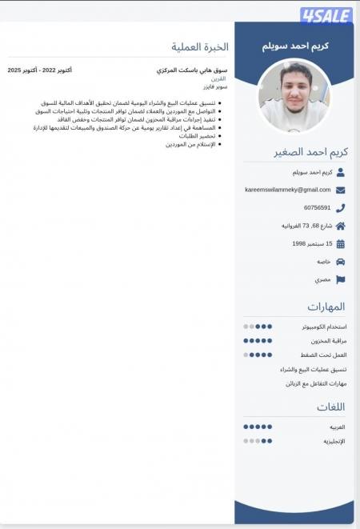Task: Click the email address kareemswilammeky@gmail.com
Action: click(x=287, y=190)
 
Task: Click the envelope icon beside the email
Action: click(x=341, y=190)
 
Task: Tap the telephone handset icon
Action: click(x=341, y=208)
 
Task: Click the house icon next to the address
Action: click(x=341, y=226)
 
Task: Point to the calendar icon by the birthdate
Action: click(x=341, y=243)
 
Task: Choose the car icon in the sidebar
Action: click(x=341, y=262)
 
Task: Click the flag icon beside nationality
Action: click(x=341, y=279)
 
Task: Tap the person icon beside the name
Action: click(x=341, y=172)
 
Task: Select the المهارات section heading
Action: click(x=326, y=307)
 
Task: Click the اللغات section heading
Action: click(x=330, y=407)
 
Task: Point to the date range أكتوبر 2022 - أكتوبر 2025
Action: click(x=40, y=70)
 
